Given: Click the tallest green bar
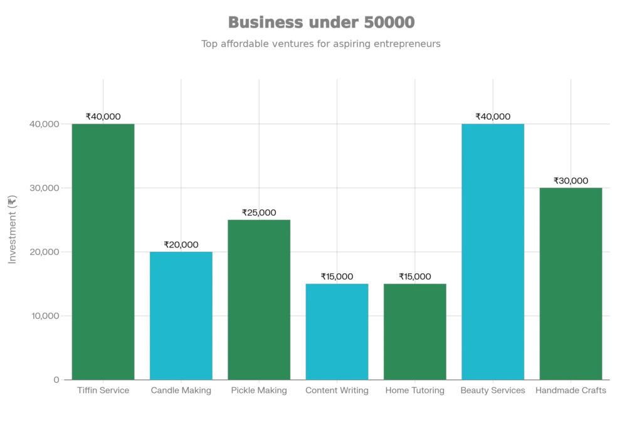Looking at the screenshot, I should [103, 251].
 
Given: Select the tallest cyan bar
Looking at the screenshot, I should [493, 251].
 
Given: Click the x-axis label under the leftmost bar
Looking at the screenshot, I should [103, 391].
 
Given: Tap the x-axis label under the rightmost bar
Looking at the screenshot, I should [570, 391].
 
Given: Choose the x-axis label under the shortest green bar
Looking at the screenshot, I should [414, 391].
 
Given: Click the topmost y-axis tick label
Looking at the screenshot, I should [42, 125].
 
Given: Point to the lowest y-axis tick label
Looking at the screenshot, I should [54, 380].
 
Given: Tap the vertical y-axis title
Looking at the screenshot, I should [13, 229].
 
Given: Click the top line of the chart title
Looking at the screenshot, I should [320, 23].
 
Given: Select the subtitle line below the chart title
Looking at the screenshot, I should [320, 44].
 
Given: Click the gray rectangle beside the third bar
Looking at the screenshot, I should [315, 251].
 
